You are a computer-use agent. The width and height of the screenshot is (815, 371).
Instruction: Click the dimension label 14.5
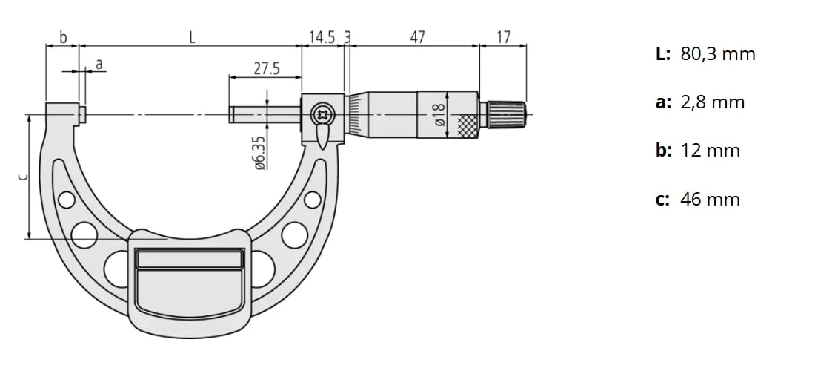coord(322,37)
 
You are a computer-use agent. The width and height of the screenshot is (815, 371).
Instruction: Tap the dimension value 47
coord(417,37)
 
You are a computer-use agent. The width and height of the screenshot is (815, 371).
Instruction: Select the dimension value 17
coord(504,37)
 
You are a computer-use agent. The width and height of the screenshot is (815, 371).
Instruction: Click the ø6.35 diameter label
coord(260,152)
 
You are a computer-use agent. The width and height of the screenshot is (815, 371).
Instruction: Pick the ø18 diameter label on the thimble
coord(439,114)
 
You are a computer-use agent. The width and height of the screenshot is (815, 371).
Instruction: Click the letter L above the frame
coord(192,37)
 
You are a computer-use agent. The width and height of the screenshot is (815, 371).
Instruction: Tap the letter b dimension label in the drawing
coord(63,37)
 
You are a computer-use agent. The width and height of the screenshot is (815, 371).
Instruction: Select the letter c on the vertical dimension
coord(22,177)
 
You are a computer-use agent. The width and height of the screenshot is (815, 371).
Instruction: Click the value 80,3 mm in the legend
coord(718,54)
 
